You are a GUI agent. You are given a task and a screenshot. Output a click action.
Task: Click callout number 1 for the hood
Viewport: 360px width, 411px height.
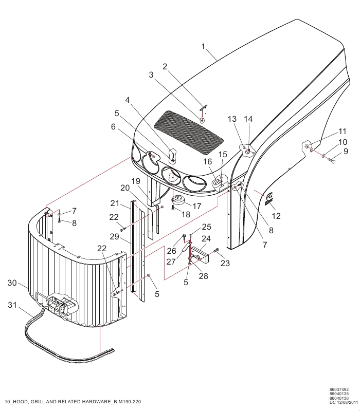coord(203,47)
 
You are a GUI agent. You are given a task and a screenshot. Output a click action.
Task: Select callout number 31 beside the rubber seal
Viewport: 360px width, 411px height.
coord(12,305)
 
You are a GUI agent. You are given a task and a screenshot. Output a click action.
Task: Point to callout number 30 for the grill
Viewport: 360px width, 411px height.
coord(12,283)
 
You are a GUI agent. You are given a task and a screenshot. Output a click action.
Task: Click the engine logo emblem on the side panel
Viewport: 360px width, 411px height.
coord(269,199)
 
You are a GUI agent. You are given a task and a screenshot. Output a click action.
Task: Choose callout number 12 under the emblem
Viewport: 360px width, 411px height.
coord(276,216)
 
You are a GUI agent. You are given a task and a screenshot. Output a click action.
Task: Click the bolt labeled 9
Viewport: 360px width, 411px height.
coord(332,160)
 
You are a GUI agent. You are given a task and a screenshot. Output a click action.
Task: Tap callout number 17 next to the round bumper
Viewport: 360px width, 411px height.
coord(197,206)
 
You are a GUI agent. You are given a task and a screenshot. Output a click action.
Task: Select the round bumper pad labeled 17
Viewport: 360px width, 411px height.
coord(178,199)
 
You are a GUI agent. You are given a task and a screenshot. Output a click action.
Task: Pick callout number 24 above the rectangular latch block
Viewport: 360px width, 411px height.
coord(206,238)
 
